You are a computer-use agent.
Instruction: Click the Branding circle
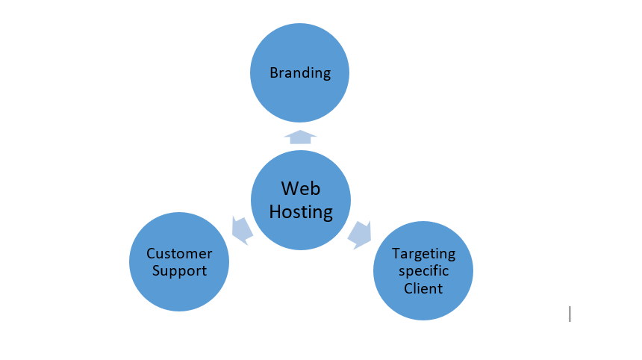[x=299, y=72]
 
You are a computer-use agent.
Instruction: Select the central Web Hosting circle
[x=301, y=200]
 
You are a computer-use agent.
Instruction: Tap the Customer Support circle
[x=179, y=261]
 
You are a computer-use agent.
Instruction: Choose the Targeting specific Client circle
[x=423, y=270]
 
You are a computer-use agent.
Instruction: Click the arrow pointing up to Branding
[x=300, y=137]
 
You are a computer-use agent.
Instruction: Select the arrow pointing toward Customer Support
[x=242, y=231]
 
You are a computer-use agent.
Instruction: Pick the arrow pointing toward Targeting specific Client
[x=360, y=235]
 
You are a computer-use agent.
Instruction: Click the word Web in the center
[x=301, y=189]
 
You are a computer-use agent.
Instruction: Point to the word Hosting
[x=301, y=212]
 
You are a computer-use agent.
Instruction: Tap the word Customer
[x=179, y=253]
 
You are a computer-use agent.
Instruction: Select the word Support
[x=179, y=271]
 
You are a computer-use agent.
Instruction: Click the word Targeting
[x=423, y=254]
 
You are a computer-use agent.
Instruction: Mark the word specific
[x=423, y=271]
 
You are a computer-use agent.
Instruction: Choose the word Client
[x=423, y=288]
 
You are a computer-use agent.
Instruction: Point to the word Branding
[x=300, y=73]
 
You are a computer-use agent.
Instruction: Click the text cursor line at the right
[x=570, y=314]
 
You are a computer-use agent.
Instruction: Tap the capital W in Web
[x=290, y=189]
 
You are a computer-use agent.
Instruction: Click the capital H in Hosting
[x=275, y=211]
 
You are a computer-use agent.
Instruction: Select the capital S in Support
[x=156, y=270]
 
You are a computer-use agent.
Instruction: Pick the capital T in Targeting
[x=396, y=253]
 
